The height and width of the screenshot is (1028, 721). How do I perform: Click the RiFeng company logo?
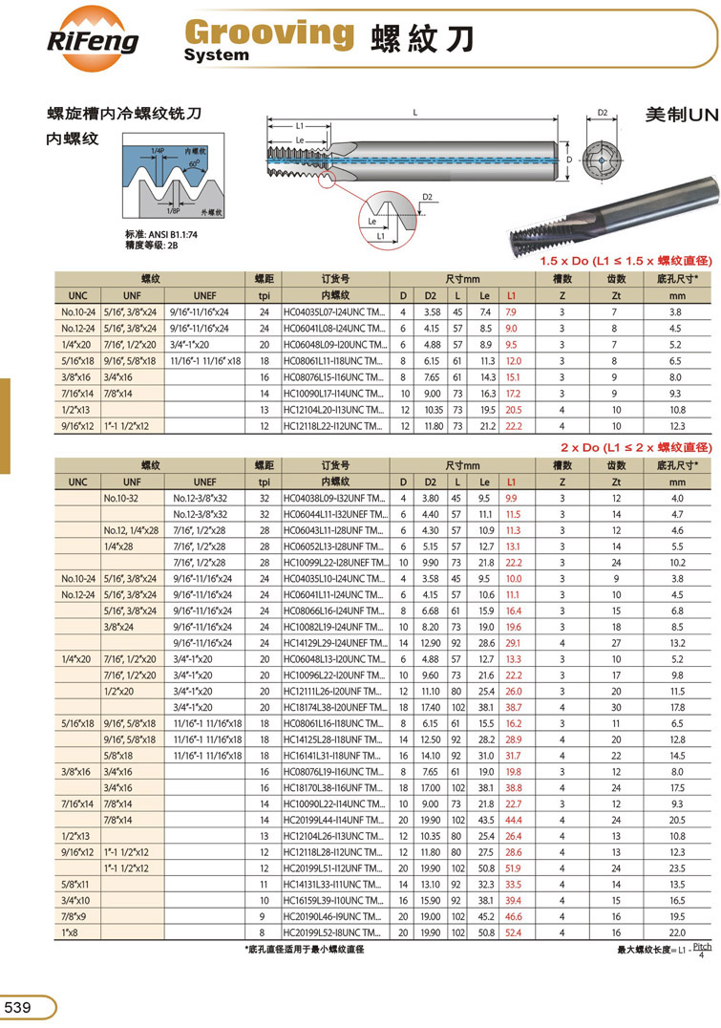(x=93, y=39)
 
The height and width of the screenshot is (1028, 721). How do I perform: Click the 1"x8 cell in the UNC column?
(x=71, y=931)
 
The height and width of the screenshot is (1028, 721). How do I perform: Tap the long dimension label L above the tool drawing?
(x=414, y=113)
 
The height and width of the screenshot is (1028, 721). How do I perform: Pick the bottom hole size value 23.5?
(x=677, y=868)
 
